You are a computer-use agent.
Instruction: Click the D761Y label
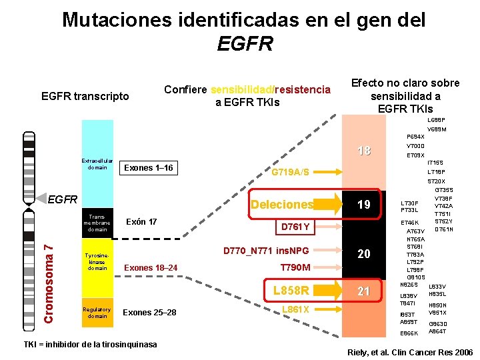(x=294, y=227)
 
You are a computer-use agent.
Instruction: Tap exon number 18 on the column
(x=363, y=151)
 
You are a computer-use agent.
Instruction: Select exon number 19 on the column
(x=363, y=205)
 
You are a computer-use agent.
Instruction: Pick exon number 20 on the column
(x=363, y=254)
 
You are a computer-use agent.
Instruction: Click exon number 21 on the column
(x=363, y=291)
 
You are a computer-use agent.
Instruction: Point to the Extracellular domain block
(x=97, y=163)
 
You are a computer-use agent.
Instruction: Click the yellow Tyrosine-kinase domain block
(x=97, y=263)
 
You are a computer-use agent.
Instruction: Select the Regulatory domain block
(x=97, y=313)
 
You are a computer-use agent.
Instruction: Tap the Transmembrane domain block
(x=97, y=223)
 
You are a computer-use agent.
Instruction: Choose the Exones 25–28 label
(x=149, y=312)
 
